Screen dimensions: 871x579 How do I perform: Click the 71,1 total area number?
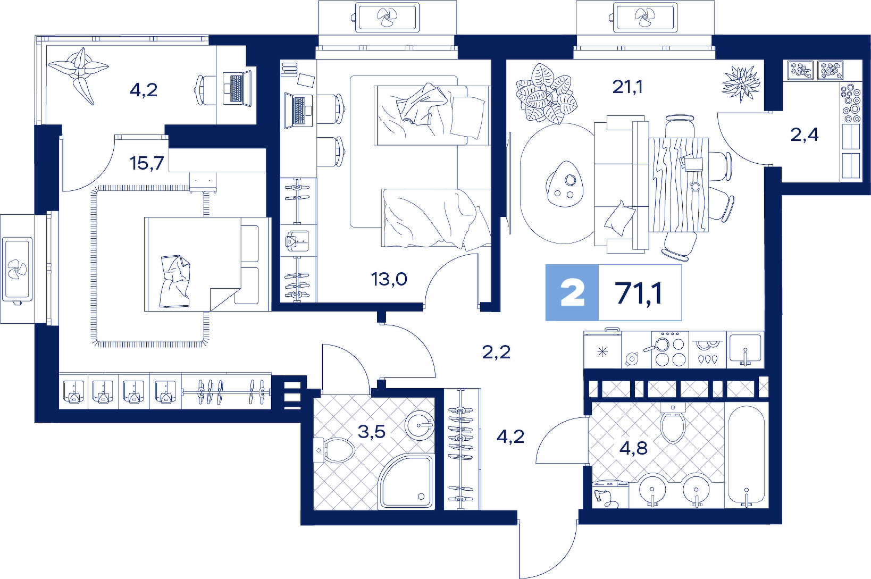click(639, 293)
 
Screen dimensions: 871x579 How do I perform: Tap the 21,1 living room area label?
click(627, 87)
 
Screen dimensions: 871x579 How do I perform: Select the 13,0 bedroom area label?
click(389, 279)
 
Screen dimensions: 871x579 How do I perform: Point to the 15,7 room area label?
click(147, 163)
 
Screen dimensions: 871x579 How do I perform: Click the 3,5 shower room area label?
click(371, 431)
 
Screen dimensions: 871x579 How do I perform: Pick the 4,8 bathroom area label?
click(633, 448)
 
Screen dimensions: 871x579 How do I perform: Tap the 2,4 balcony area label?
click(805, 135)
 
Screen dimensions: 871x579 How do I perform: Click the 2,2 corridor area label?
click(496, 353)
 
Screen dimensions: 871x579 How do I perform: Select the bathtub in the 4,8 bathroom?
click(746, 456)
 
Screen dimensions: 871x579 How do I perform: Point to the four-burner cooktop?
click(670, 349)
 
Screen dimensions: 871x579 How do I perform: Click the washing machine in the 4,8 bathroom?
click(610, 494)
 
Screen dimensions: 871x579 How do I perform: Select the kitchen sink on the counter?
click(745, 349)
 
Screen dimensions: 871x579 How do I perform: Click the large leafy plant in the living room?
click(546, 94)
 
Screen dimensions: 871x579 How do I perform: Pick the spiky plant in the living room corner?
click(741, 84)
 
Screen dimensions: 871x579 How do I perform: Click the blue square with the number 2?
click(572, 293)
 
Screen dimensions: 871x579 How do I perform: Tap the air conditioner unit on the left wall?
click(18, 268)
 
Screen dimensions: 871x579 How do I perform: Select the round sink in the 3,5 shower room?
click(420, 425)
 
